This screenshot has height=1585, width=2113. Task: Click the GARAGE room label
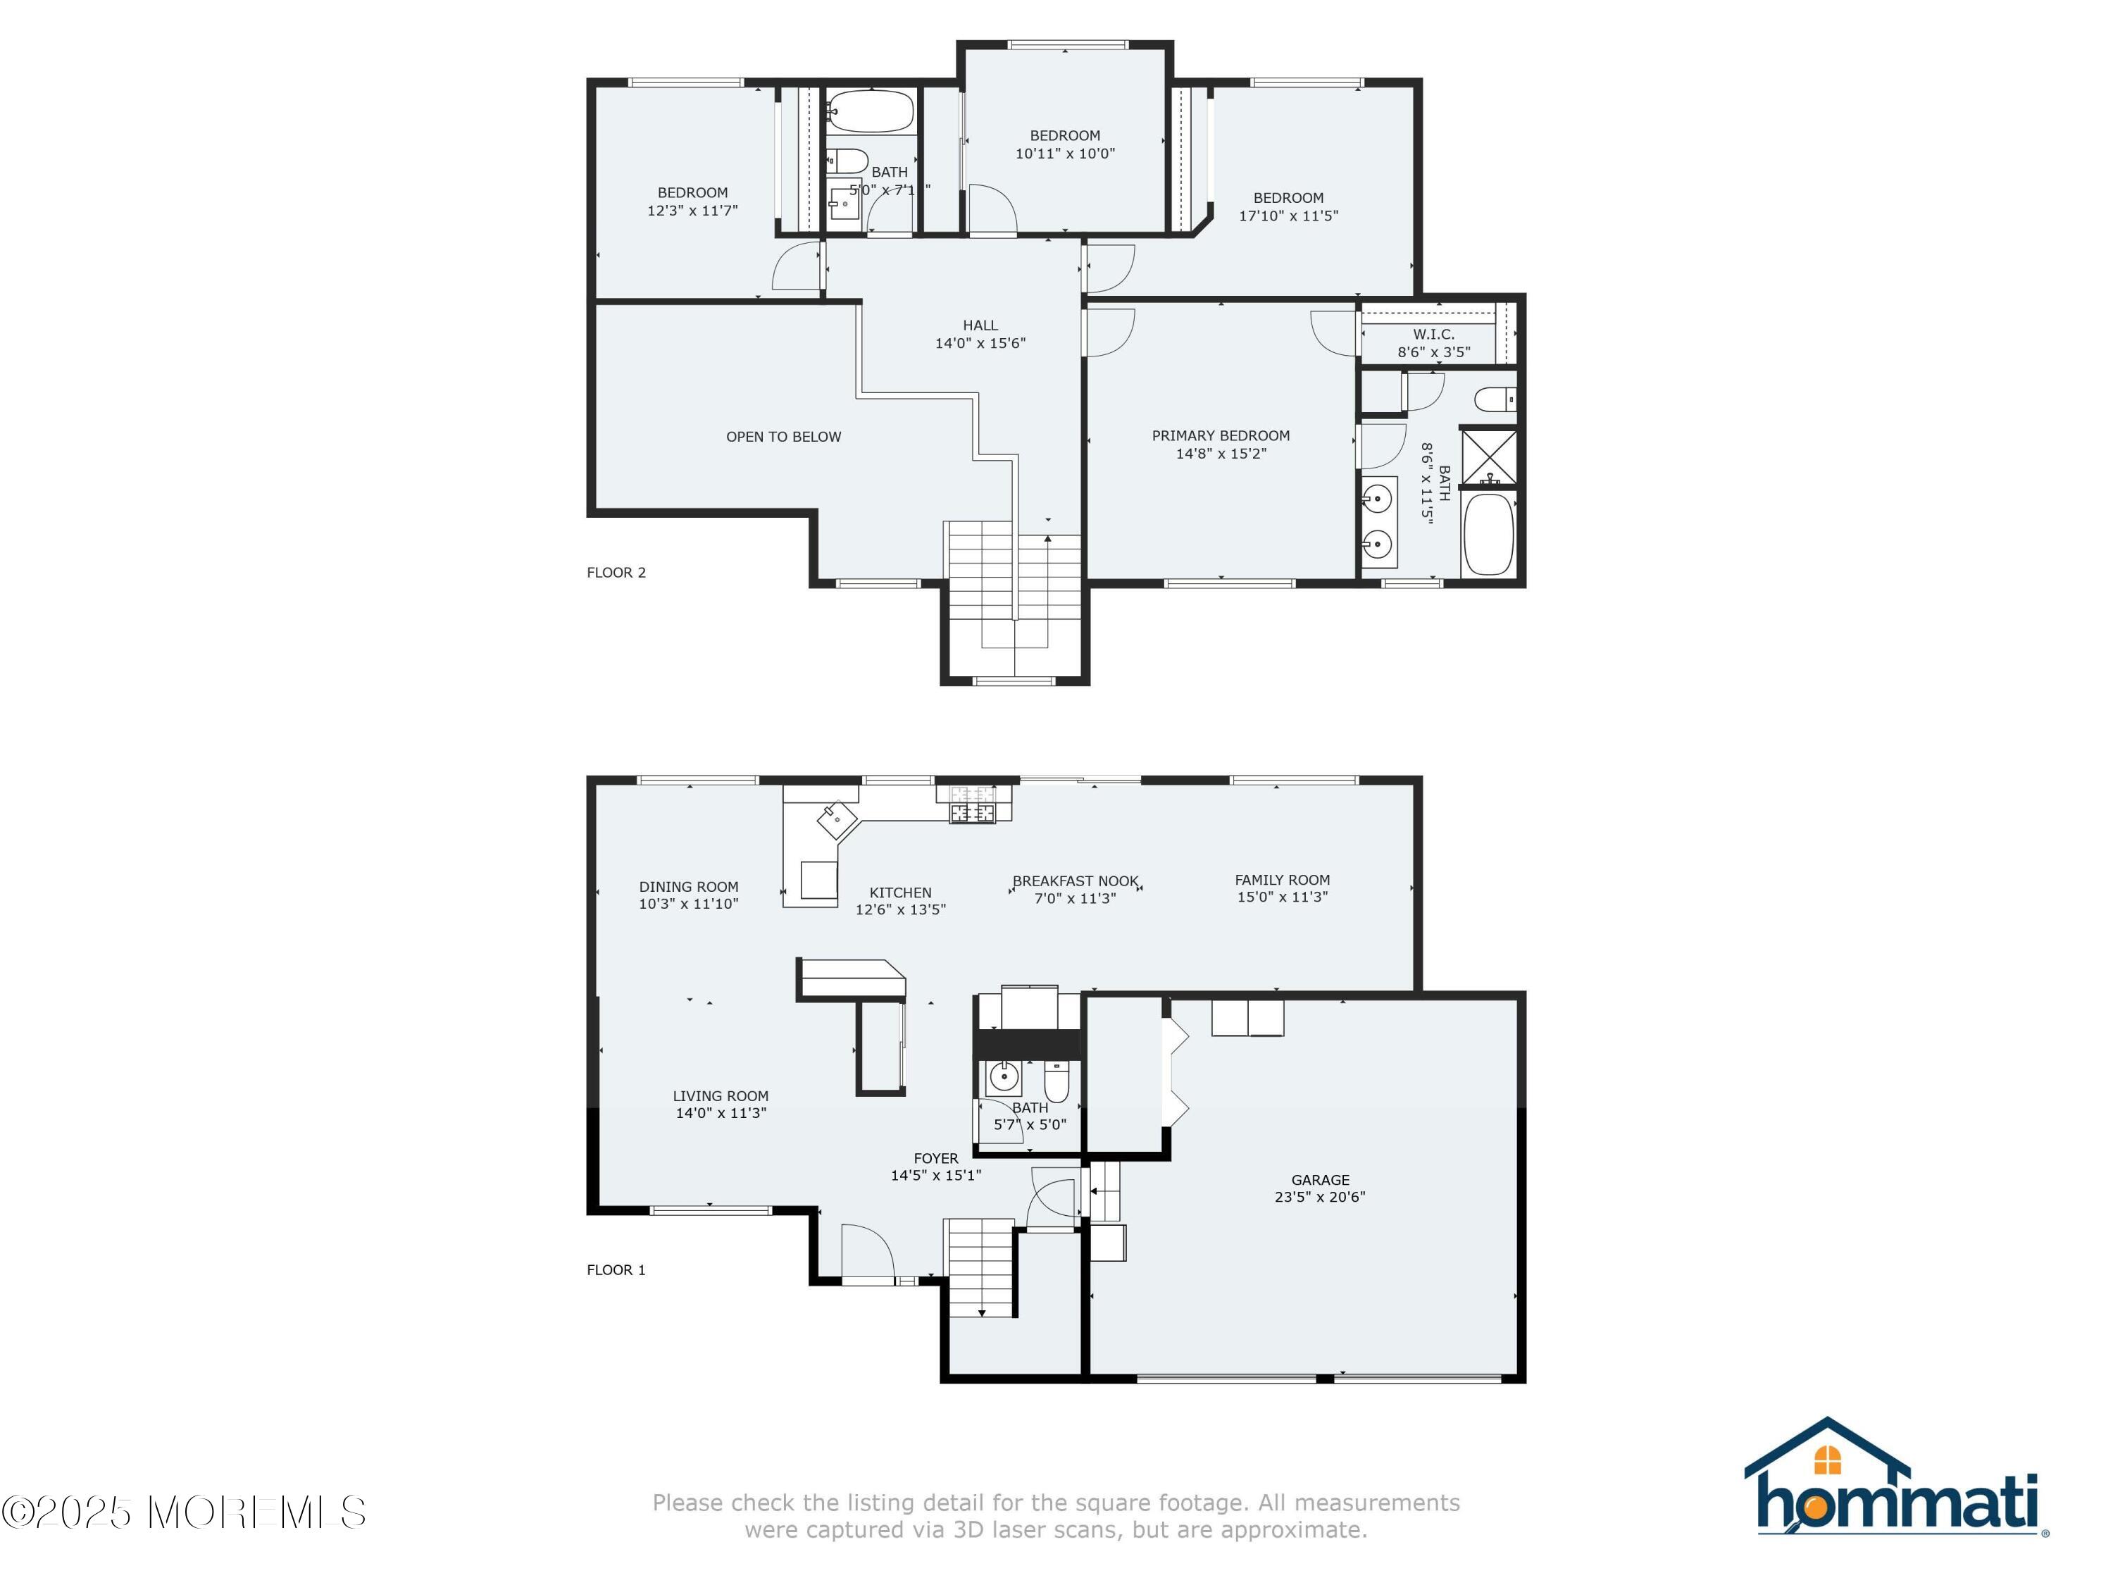point(1320,1180)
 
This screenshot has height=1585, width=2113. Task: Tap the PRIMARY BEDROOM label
point(1221,435)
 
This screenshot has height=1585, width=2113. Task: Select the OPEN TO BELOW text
point(783,437)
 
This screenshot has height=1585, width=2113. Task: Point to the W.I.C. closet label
point(1434,335)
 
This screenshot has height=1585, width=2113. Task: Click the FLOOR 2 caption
point(616,572)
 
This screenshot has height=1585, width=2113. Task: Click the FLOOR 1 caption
point(616,1269)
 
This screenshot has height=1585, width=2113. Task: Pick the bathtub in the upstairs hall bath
point(871,111)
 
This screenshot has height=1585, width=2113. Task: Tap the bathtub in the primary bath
point(1488,534)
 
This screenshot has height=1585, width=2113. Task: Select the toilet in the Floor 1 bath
point(1056,1081)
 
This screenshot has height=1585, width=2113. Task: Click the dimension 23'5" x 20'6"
point(1320,1197)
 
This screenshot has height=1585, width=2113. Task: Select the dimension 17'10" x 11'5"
point(1289,216)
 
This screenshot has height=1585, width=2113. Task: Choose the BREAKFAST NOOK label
point(1076,881)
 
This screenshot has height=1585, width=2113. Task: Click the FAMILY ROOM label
point(1282,880)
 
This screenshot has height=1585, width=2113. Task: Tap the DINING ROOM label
point(689,887)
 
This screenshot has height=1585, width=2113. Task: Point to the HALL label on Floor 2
point(980,325)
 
